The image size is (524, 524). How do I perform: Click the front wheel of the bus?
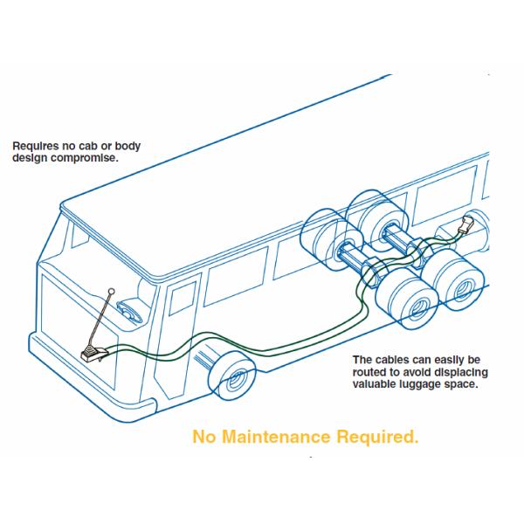pos(232,377)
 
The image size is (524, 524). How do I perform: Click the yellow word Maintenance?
pos(280,437)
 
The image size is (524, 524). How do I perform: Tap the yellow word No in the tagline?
pos(203,437)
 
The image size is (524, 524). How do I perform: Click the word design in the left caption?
pos(31,160)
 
